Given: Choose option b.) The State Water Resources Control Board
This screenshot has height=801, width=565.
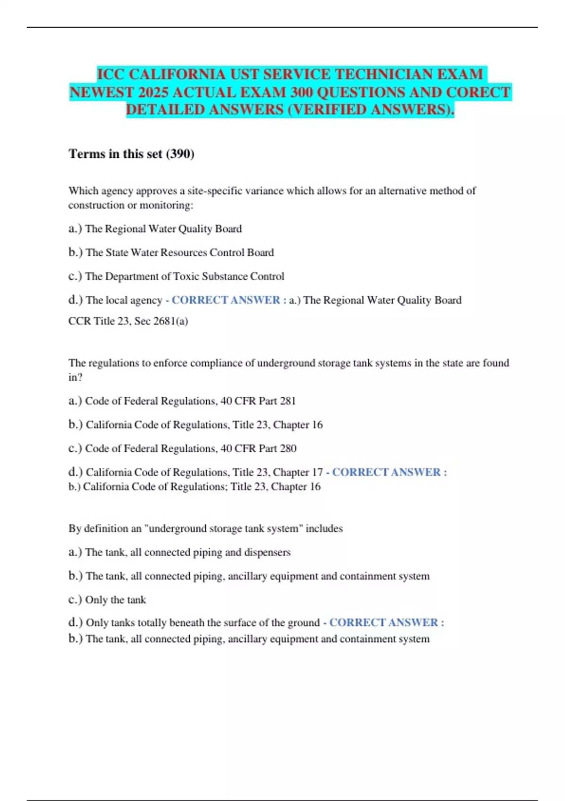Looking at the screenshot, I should click(x=171, y=253).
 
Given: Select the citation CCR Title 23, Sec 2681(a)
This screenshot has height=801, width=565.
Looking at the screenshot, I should click(x=128, y=321).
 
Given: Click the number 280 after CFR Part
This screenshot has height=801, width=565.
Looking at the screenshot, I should click(x=288, y=449).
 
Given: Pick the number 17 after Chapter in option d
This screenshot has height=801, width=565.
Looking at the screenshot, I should click(x=317, y=472).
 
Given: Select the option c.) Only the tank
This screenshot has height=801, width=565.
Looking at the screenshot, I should click(x=107, y=600).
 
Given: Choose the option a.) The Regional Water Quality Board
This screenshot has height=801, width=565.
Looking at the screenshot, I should click(x=155, y=229).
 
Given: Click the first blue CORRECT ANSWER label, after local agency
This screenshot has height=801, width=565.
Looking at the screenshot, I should click(x=226, y=300).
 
